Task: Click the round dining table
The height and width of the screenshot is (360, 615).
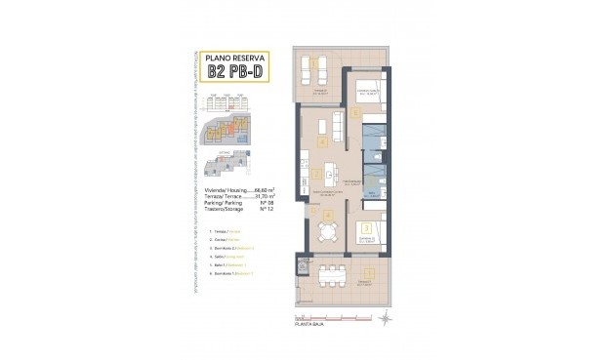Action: point(324,230)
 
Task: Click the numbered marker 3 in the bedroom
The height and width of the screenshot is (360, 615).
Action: point(365,228)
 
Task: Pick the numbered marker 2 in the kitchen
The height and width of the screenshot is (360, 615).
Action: point(317,176)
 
